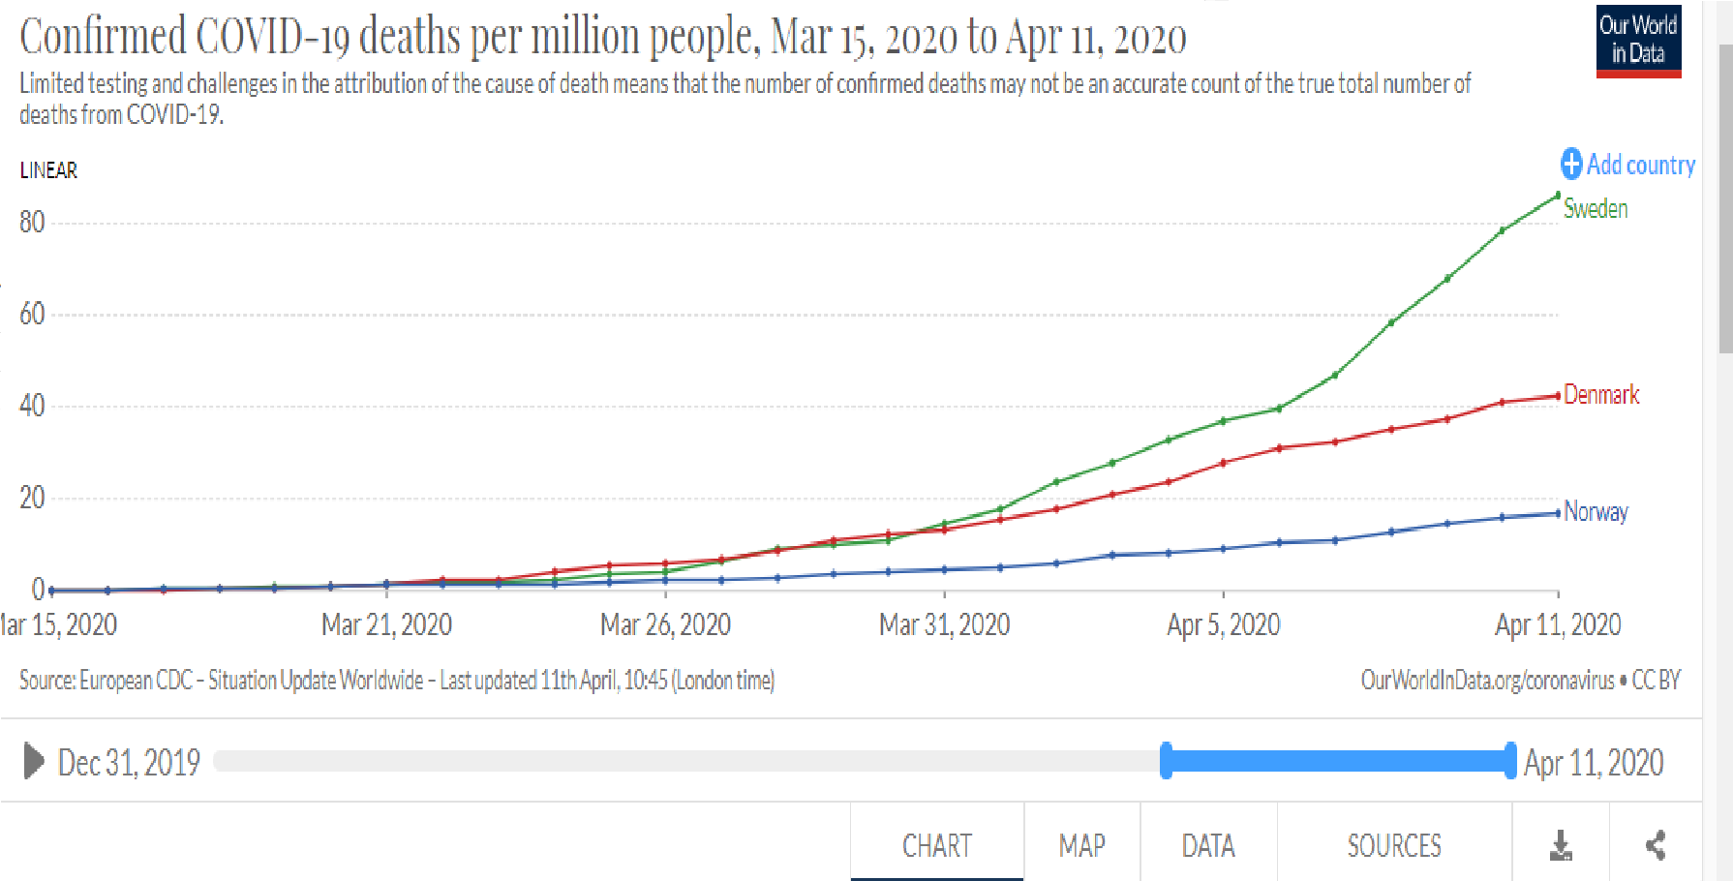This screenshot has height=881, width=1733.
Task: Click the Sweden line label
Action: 1596,208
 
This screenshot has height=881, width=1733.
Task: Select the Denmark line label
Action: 1601,394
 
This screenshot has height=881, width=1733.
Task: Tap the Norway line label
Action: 1596,511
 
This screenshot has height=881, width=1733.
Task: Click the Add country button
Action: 1628,165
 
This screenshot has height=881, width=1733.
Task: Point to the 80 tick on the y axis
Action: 32,223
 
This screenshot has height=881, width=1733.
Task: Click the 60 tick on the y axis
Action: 32,314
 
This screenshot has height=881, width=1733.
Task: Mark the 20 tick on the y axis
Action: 32,498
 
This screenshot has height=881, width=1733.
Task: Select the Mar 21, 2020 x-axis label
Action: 386,624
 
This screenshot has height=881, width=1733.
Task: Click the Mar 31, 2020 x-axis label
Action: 944,624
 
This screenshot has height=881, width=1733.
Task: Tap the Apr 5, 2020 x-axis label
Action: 1223,624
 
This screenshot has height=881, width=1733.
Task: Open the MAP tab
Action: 1081,846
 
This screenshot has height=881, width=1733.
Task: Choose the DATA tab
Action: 1208,846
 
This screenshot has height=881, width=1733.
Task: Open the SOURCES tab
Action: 1394,846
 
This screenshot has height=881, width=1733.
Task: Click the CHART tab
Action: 936,846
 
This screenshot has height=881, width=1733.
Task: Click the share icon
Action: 1656,845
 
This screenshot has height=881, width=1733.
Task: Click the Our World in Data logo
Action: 1638,41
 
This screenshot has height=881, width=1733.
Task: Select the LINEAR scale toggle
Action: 48,170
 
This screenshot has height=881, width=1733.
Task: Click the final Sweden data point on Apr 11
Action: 1557,196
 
